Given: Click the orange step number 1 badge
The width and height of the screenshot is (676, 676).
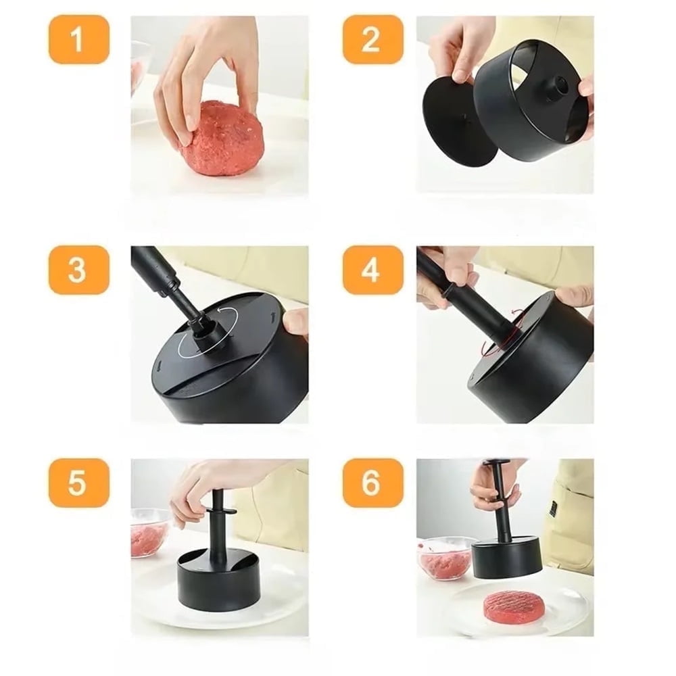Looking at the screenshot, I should (x=78, y=40).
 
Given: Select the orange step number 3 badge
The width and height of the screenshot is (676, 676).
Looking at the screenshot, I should (x=78, y=270).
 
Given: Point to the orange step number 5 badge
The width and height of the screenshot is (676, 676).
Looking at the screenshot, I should (x=78, y=483).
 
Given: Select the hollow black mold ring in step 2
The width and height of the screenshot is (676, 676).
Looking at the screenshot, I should (x=534, y=101).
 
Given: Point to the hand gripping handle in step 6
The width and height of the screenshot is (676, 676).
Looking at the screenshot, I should (x=497, y=485).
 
